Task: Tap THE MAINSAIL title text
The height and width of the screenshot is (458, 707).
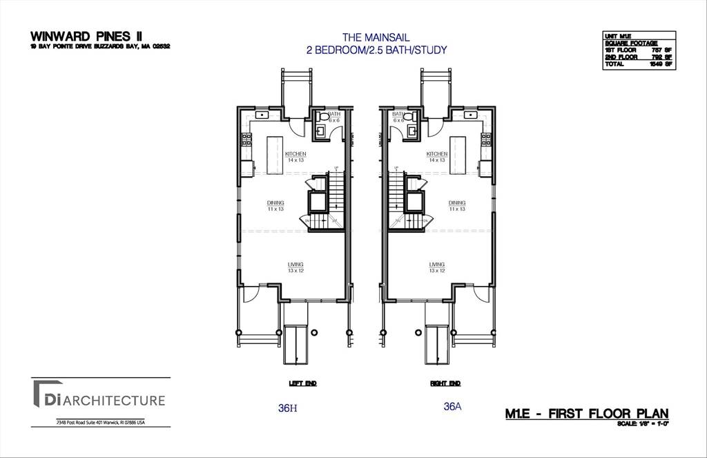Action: (376, 37)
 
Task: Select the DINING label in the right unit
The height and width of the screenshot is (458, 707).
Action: (457, 203)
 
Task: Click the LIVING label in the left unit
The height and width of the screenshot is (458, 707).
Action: (296, 265)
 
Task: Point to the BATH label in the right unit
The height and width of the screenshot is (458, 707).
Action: (398, 114)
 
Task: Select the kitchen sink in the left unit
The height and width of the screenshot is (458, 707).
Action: (262, 115)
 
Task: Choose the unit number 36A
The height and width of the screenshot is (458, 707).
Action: (452, 407)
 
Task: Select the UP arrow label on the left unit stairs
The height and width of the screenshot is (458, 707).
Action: (336, 168)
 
